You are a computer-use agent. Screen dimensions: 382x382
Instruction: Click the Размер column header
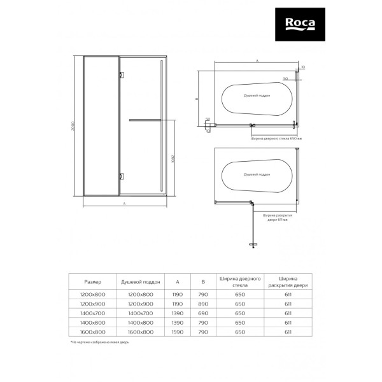93,281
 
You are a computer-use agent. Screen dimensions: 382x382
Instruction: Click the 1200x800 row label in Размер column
93,294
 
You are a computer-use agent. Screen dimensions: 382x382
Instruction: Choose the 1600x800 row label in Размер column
93,332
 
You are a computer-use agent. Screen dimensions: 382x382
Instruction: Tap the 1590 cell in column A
176,332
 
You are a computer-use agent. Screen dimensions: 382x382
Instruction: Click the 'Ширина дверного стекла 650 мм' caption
273,136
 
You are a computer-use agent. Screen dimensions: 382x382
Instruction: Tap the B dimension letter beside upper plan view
197,99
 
